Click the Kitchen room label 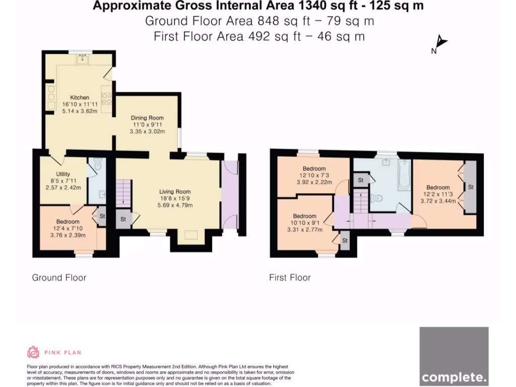click(80, 97)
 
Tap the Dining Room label click(148, 118)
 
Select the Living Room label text click(175, 191)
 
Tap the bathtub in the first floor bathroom click(404, 175)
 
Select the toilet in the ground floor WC click(98, 165)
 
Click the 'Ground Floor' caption click(59, 278)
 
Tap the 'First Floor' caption click(290, 278)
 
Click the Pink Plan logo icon click(33, 352)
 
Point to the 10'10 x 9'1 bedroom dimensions click(304, 223)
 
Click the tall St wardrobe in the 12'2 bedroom click(471, 187)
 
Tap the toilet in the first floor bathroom click(375, 198)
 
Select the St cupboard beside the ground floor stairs click(123, 219)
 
